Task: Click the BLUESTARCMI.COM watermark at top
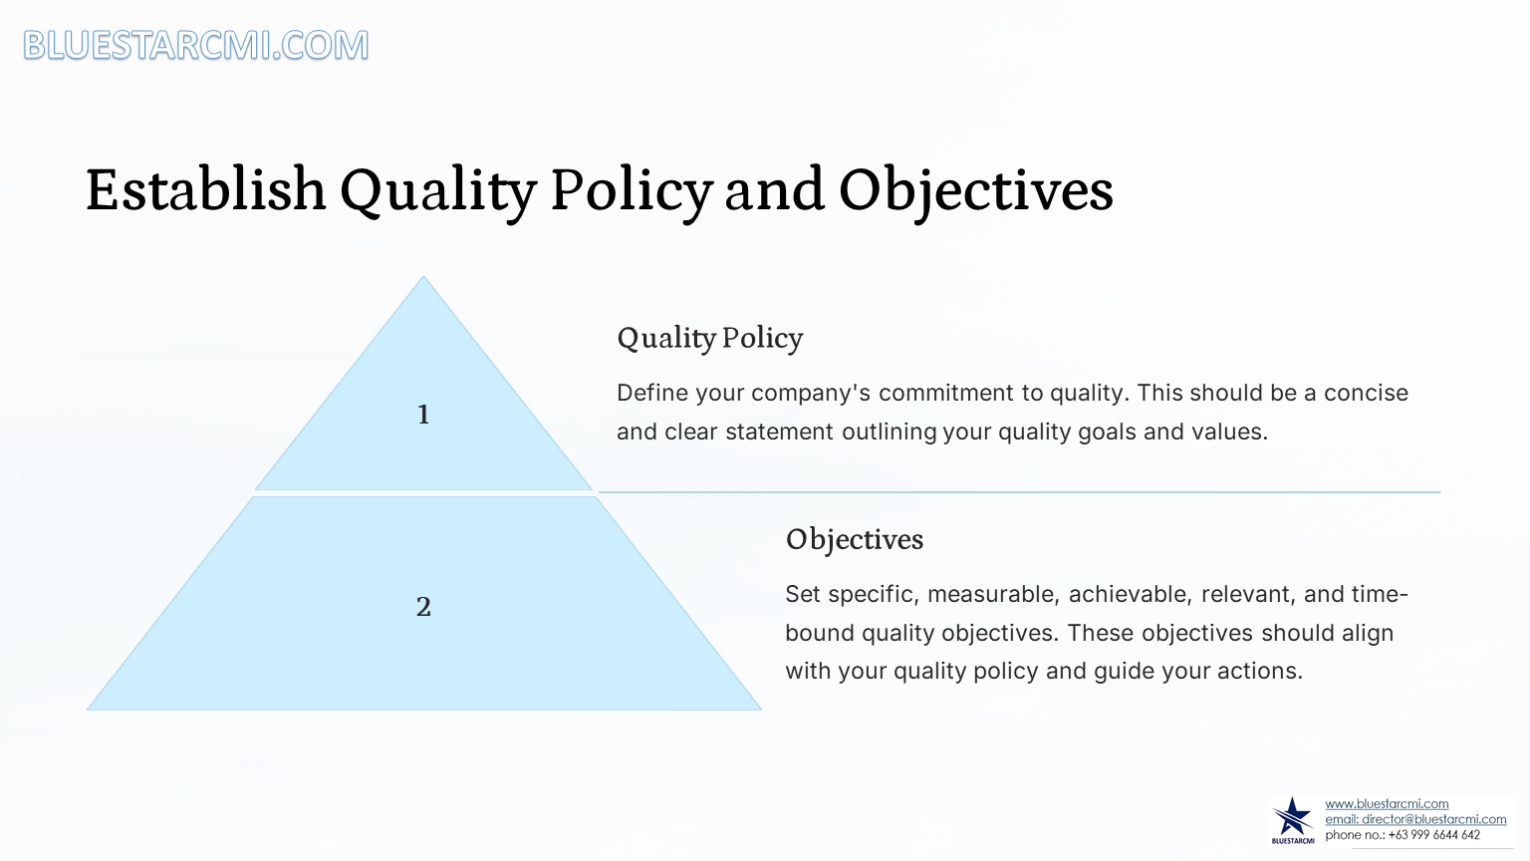click(x=196, y=45)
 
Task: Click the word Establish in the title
click(x=205, y=189)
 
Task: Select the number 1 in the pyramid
click(x=423, y=415)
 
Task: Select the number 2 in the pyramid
click(x=423, y=607)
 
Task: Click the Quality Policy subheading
click(x=709, y=339)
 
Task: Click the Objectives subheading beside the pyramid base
click(x=855, y=540)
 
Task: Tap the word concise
click(x=1366, y=393)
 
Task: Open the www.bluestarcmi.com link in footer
click(x=1387, y=804)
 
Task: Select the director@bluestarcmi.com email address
click(x=1433, y=819)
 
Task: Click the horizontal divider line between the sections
click(x=1020, y=492)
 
